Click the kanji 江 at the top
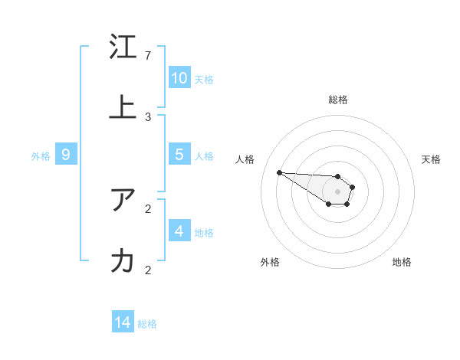click(123, 48)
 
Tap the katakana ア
click(123, 201)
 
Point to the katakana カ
click(123, 261)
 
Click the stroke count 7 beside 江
click(148, 56)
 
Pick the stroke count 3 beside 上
click(148, 116)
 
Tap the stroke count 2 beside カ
click(148, 270)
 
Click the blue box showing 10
click(179, 78)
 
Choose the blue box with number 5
click(179, 155)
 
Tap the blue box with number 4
click(179, 231)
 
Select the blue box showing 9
click(66, 155)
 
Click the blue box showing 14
click(123, 322)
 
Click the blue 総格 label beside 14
click(147, 324)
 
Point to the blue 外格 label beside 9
click(41, 156)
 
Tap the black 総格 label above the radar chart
click(338, 100)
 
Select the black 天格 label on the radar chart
click(431, 159)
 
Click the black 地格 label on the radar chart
click(402, 262)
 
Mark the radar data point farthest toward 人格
click(279, 172)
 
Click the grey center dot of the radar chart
click(337, 191)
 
